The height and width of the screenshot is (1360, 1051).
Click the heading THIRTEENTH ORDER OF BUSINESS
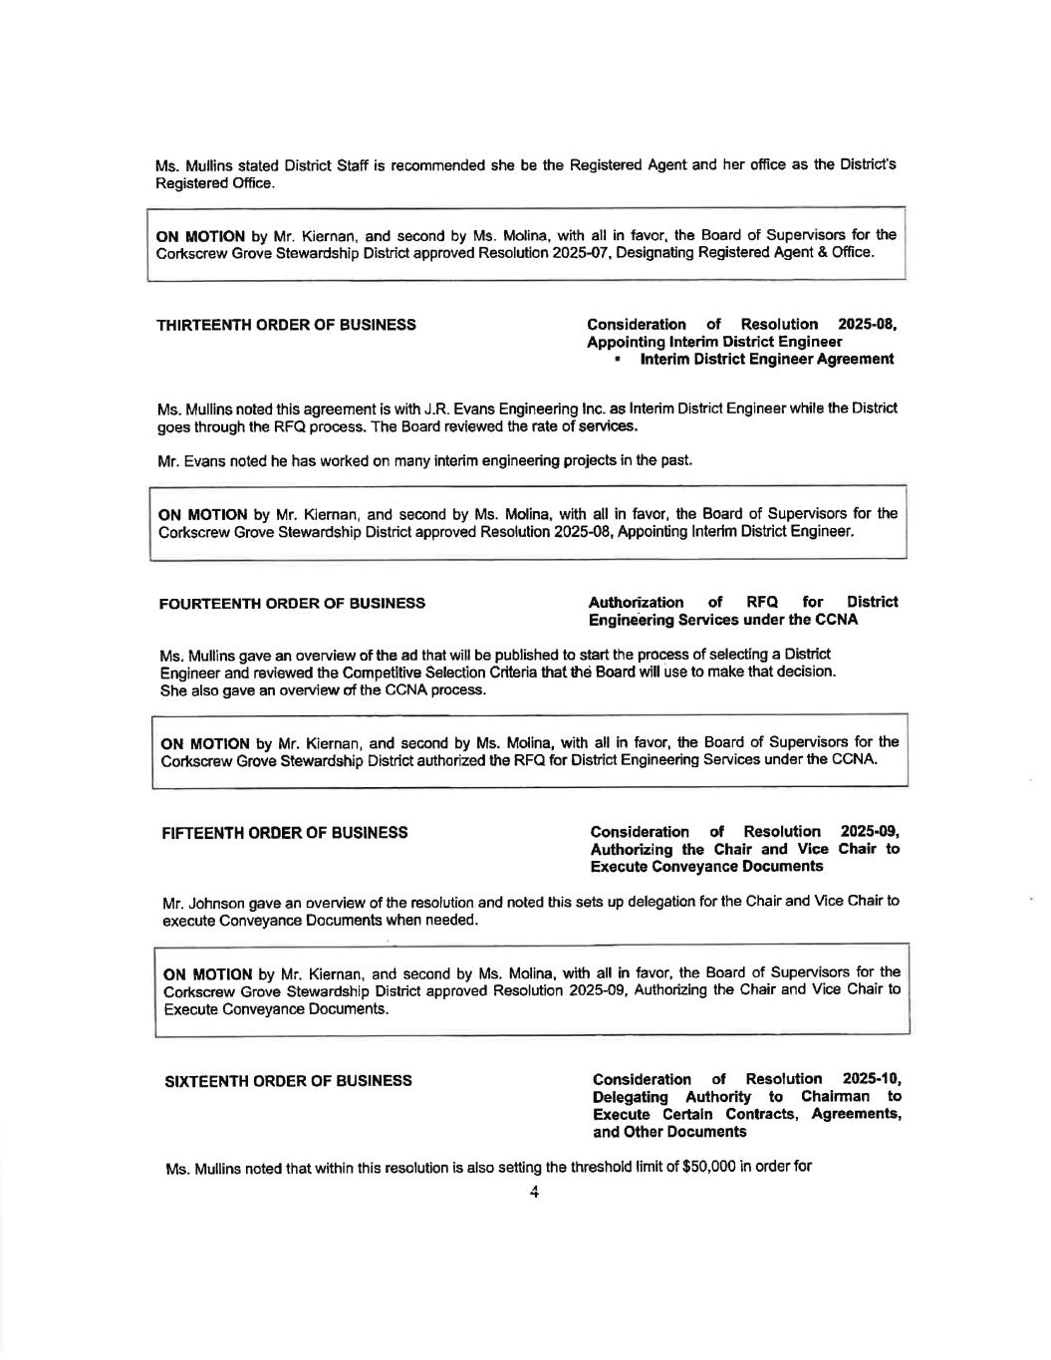pos(287,325)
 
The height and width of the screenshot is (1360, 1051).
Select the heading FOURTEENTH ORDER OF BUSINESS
pos(292,603)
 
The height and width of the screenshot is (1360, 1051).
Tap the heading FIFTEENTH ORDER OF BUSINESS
pos(285,832)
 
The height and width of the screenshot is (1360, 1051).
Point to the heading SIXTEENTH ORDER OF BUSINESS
pos(287,1081)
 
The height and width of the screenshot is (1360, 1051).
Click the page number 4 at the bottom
pos(534,1193)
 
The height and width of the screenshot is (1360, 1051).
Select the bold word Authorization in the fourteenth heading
pos(636,602)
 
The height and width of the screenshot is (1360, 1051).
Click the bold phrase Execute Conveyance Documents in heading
pos(706,867)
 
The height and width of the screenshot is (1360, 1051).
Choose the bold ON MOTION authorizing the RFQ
pos(205,743)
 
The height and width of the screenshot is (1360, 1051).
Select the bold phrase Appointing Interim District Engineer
pos(714,342)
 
